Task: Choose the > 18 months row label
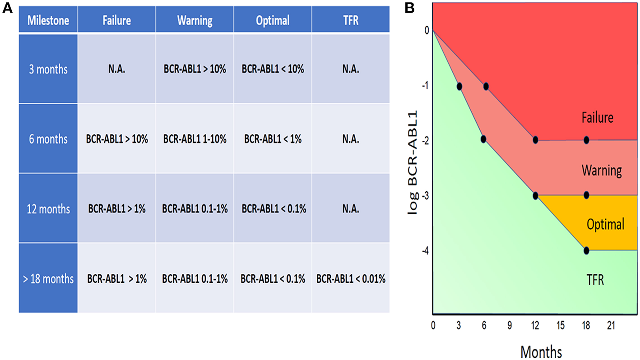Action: pos(48,279)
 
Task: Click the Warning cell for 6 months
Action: pos(195,139)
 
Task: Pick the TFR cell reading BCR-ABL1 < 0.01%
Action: pos(350,279)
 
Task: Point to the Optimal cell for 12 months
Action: pos(273,209)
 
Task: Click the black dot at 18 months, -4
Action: pos(586,251)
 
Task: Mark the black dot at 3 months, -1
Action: pos(459,86)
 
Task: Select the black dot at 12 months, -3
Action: pos(535,195)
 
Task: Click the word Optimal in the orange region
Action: pos(605,224)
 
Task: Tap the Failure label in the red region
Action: pos(597,118)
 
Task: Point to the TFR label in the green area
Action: pos(595,280)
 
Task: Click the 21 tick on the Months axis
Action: pos(611,325)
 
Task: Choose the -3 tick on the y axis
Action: pos(425,196)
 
